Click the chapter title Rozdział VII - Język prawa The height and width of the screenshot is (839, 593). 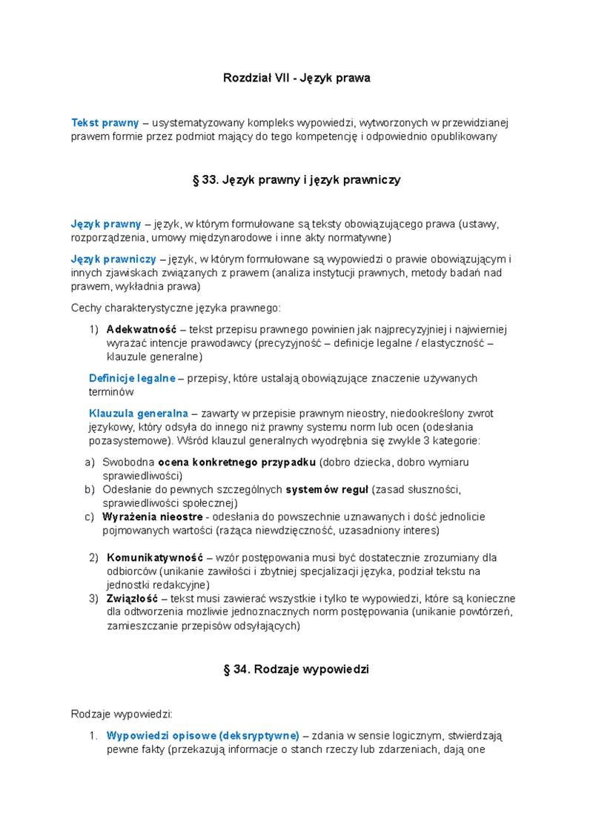pos(296,78)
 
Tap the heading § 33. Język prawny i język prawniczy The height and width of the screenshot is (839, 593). pos(296,180)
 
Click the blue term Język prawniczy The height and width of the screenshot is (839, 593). pos(113,259)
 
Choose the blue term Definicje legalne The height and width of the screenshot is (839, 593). pos(132,378)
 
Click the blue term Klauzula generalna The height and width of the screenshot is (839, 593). pos(139,413)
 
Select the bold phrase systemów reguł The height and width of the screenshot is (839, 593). pos(327,489)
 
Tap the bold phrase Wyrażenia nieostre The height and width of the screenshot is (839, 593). pos(153,517)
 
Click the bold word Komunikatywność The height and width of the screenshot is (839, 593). pos(156,557)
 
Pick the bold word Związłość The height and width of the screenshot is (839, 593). pos(132,598)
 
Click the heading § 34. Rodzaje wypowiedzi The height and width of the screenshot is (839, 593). pos(296,669)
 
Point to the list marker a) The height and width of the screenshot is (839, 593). pos(90,462)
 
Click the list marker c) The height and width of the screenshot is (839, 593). pos(90,517)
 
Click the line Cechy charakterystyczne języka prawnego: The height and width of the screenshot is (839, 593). pos(176,308)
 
